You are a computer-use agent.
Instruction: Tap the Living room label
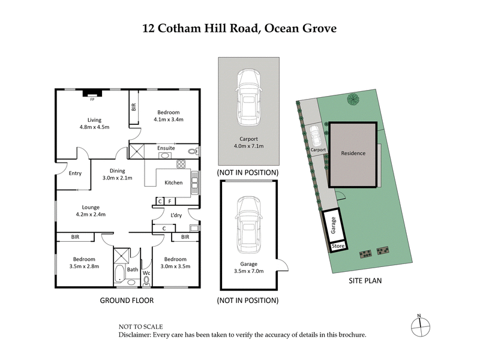click(x=94, y=119)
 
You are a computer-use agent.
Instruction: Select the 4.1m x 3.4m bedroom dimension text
click(x=170, y=119)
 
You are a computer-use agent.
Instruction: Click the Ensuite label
click(x=166, y=148)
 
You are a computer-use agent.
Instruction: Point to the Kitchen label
click(x=173, y=182)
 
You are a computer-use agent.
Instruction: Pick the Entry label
click(x=75, y=173)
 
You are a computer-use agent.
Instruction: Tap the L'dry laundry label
click(x=176, y=215)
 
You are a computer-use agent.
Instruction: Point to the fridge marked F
click(x=170, y=201)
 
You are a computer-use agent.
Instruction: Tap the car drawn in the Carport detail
click(x=248, y=99)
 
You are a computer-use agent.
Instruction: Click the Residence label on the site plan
click(x=353, y=153)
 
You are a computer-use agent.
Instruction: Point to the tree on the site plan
click(x=352, y=99)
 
